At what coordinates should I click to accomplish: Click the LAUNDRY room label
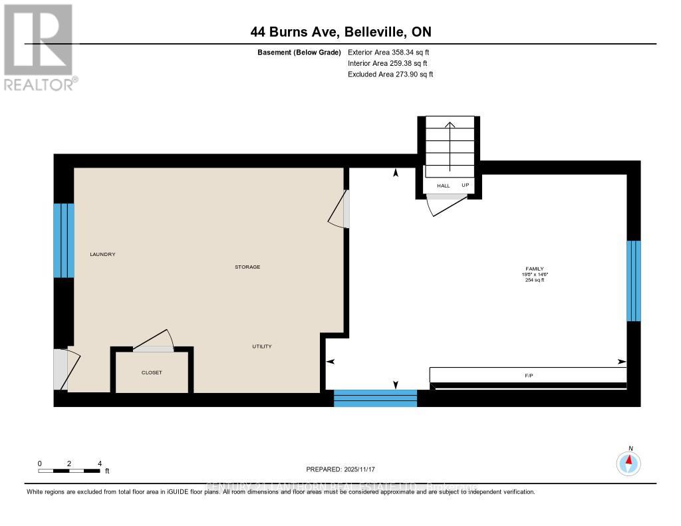point(103,254)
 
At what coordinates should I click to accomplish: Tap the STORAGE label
point(247,267)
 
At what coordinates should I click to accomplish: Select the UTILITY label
point(261,346)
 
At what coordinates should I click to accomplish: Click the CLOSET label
point(152,372)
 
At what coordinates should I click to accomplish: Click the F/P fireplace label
point(529,376)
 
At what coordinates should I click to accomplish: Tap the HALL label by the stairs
point(443,186)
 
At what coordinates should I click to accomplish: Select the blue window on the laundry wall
point(64,240)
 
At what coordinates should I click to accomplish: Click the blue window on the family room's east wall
point(634,281)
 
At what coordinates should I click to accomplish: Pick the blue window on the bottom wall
point(375,398)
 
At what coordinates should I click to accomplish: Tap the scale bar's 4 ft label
point(100,463)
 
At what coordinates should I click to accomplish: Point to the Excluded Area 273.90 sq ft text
point(390,74)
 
